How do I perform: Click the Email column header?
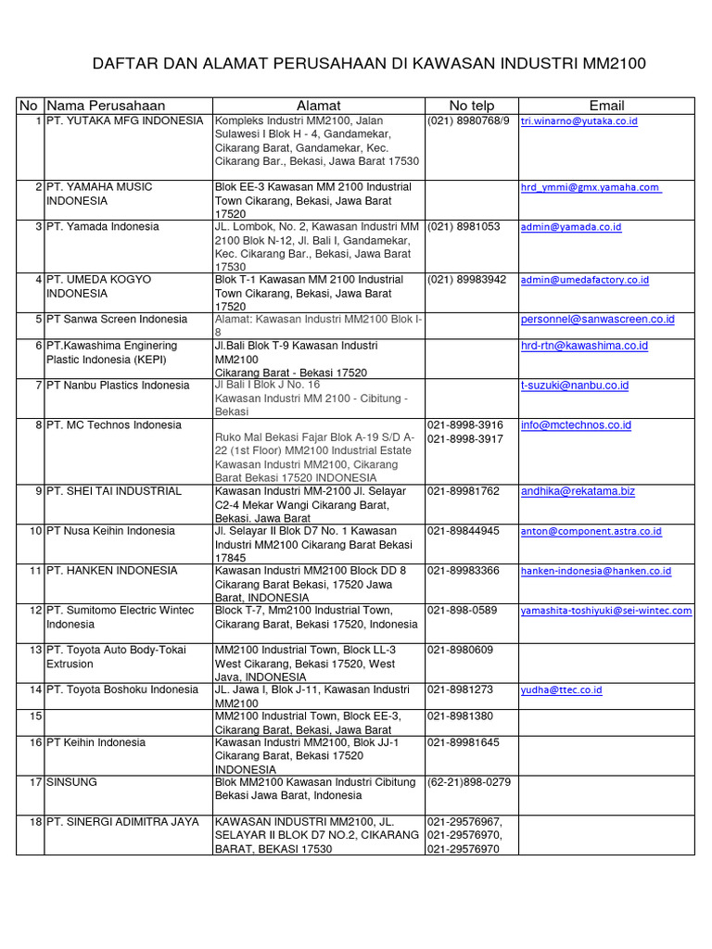[606, 106]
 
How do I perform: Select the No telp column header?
[471, 106]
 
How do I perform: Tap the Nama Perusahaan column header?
[106, 106]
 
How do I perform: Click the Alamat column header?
[318, 106]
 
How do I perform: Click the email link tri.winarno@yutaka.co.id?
[579, 121]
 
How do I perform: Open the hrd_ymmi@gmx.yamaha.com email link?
[591, 187]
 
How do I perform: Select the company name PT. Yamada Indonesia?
[103, 227]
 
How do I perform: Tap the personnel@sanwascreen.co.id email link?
[597, 320]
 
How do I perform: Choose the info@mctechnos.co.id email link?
[576, 425]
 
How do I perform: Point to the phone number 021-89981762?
[464, 491]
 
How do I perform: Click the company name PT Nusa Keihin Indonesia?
[110, 531]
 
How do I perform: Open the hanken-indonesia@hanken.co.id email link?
[595, 571]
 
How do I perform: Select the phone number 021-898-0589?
[462, 611]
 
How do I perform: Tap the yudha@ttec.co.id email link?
[562, 690]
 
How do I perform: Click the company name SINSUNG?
[71, 782]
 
